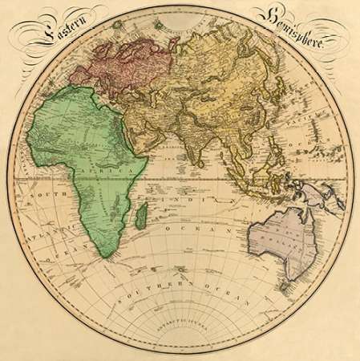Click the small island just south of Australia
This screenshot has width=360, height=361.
[x=283, y=283]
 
